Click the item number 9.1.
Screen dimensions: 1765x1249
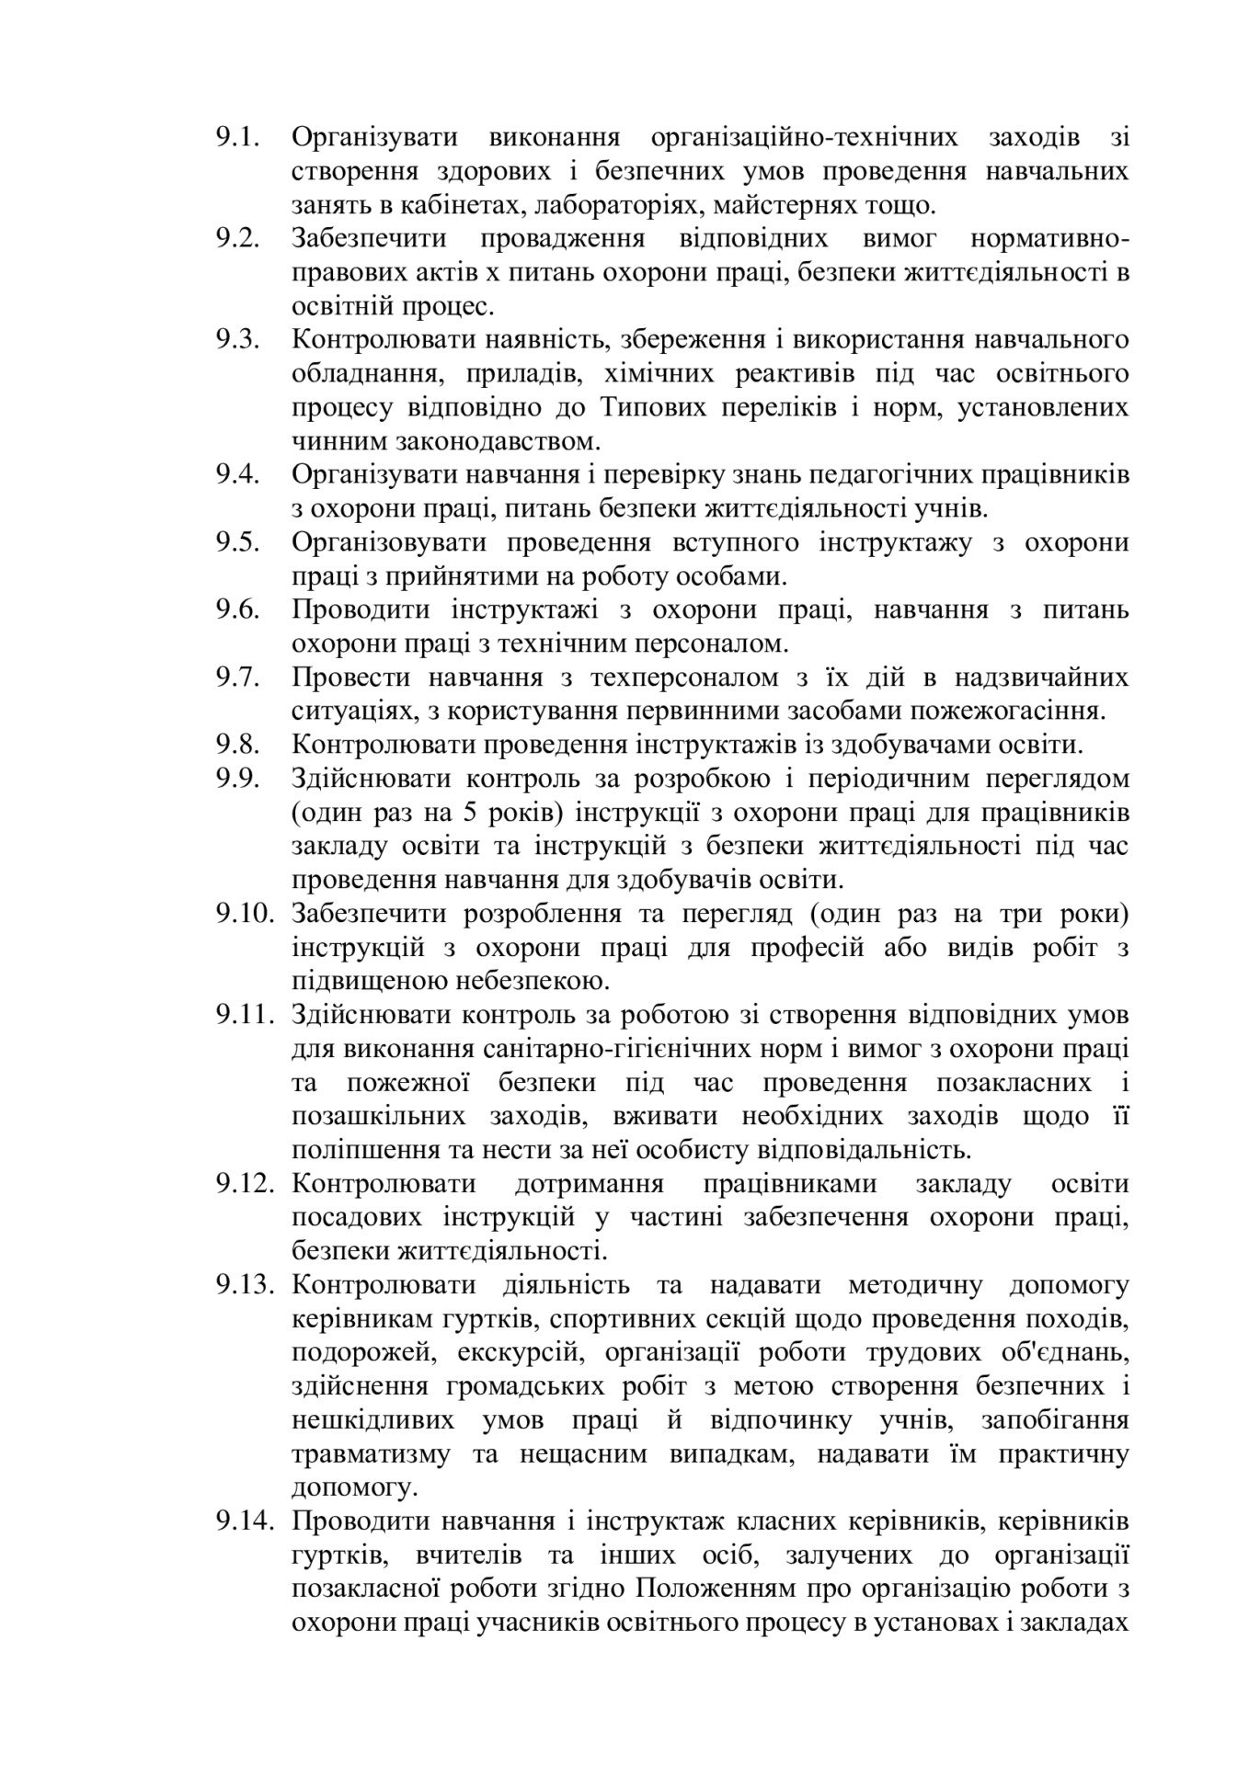pyautogui.click(x=239, y=138)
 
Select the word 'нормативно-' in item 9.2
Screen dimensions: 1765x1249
pyautogui.click(x=1049, y=239)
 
